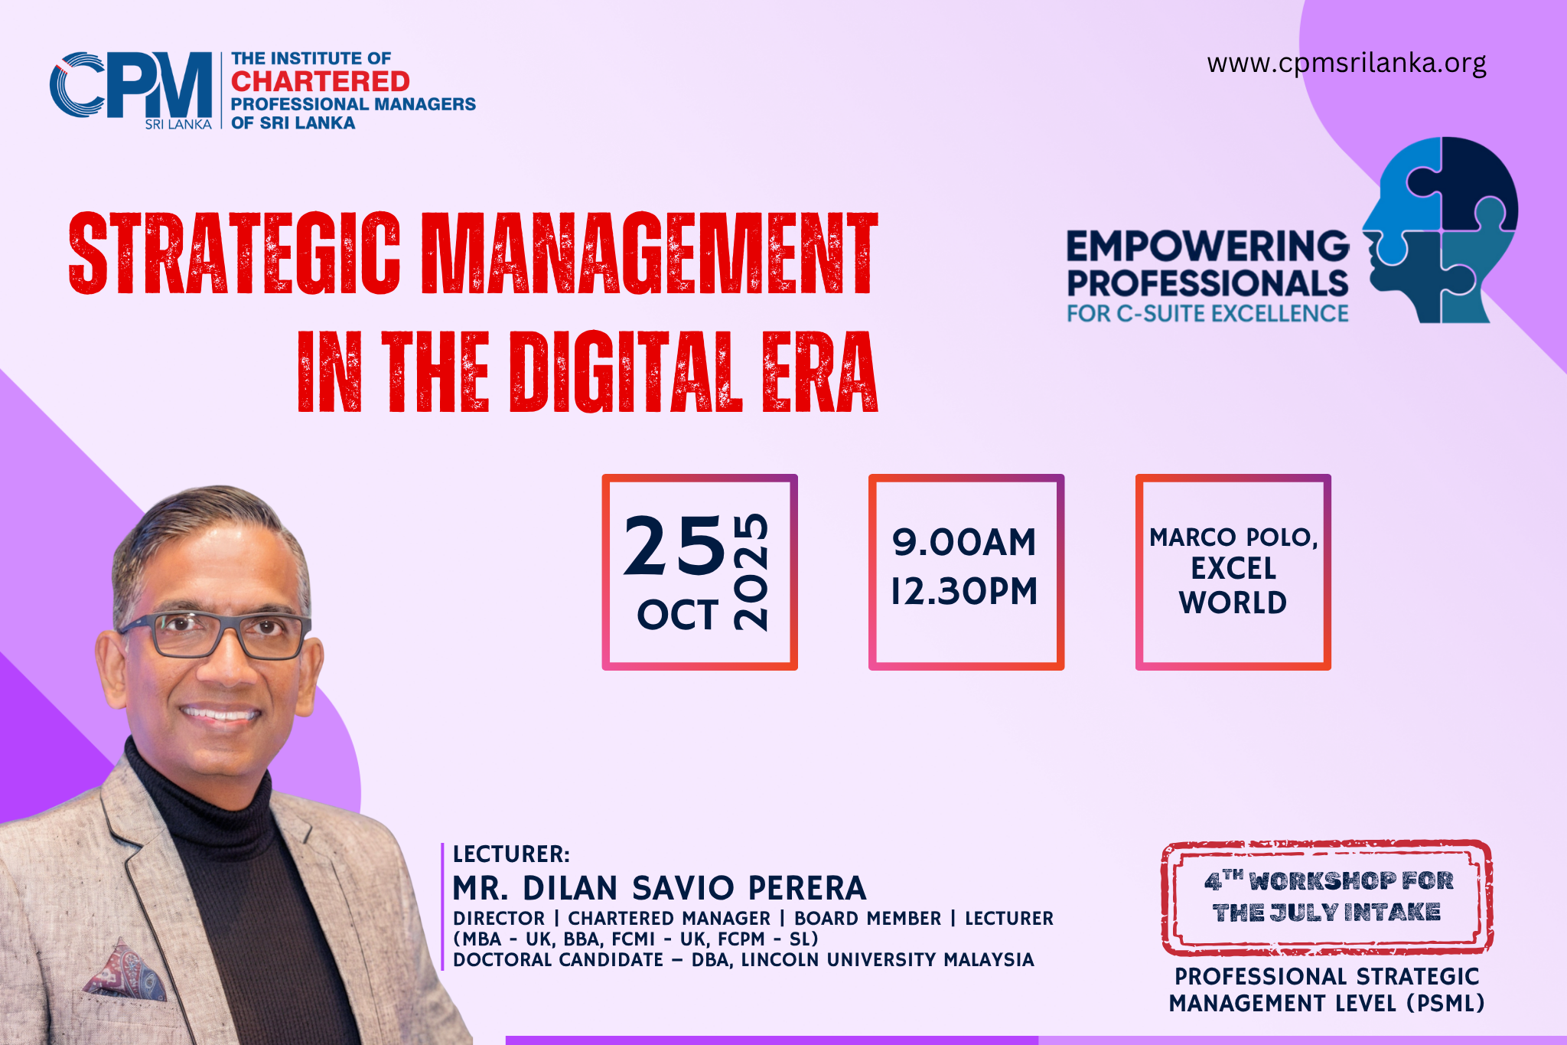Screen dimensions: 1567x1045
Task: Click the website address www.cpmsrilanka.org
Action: (x=1347, y=63)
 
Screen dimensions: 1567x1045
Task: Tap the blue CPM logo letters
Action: (x=131, y=85)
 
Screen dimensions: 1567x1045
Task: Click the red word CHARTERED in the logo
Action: (x=321, y=81)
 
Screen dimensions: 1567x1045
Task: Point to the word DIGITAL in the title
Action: (x=627, y=372)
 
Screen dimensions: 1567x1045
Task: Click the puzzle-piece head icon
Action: (x=1439, y=230)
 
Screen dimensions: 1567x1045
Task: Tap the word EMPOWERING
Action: (x=1208, y=247)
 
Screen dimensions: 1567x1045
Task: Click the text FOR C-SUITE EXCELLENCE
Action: (x=1208, y=314)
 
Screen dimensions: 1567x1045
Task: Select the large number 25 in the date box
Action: (x=674, y=545)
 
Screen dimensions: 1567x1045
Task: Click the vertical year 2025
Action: (x=750, y=571)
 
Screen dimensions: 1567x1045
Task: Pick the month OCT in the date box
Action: (x=678, y=615)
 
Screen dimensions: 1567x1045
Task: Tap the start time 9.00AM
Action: (x=964, y=542)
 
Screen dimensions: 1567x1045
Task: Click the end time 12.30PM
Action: (x=964, y=591)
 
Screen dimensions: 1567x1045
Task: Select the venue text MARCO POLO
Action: (x=1233, y=537)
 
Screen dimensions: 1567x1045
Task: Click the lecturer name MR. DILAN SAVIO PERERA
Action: (x=660, y=888)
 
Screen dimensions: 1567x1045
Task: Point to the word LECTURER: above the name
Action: (x=511, y=854)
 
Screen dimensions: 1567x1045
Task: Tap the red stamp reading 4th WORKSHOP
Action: (x=1327, y=897)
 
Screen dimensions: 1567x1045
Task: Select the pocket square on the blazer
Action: (x=125, y=970)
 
